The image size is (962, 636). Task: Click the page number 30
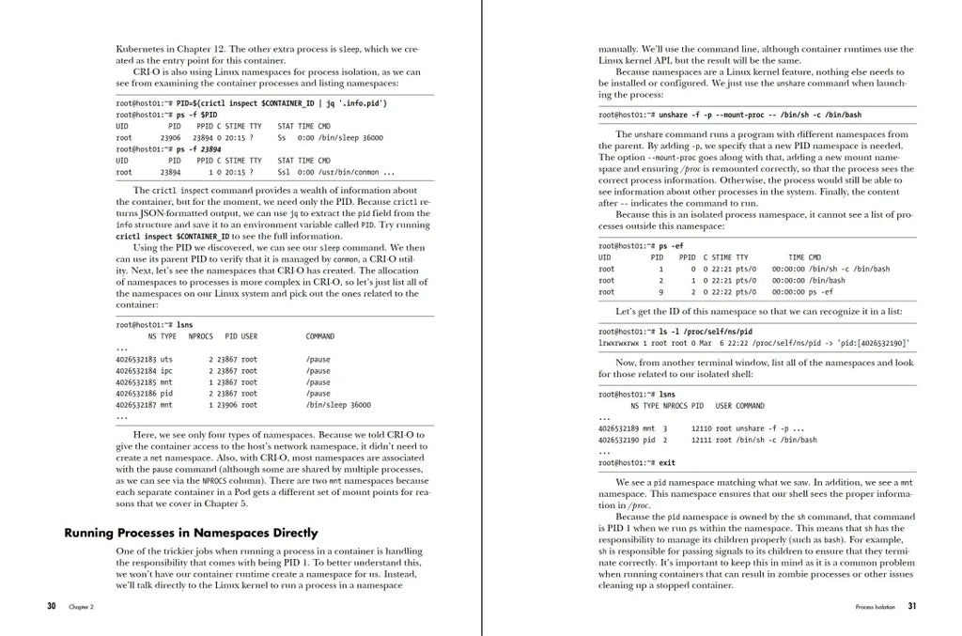(51, 606)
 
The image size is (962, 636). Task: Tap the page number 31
(911, 606)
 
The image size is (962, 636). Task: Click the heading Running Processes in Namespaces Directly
(191, 533)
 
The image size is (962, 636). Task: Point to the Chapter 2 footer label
(81, 607)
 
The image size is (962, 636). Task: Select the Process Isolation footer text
(877, 607)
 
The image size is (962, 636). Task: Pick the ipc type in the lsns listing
(166, 371)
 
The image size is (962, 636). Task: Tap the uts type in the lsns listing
(166, 359)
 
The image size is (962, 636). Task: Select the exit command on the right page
(666, 462)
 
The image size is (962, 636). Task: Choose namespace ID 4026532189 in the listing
(618, 427)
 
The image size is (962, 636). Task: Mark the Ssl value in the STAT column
(284, 172)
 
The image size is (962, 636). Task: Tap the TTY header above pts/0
(742, 256)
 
